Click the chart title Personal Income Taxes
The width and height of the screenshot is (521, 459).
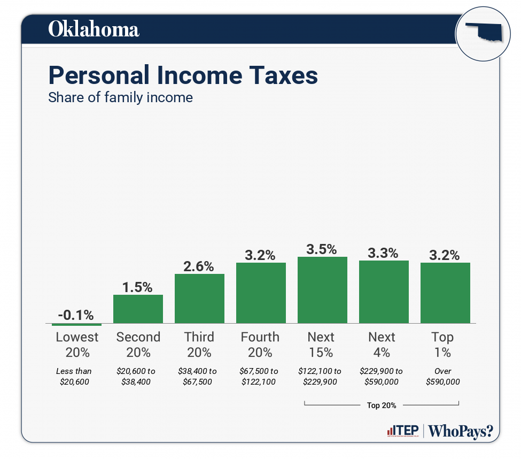point(183,75)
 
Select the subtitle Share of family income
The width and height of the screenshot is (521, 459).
point(120,98)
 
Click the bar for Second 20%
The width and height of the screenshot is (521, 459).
point(138,309)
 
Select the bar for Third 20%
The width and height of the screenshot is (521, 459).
point(199,299)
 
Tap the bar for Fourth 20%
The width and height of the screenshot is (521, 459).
point(261,293)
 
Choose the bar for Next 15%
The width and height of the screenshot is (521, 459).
point(322,290)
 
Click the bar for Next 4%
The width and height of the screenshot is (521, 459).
point(384,292)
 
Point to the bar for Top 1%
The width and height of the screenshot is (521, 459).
point(445,293)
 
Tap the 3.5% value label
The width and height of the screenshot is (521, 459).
point(322,249)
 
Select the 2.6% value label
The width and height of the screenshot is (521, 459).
point(199,266)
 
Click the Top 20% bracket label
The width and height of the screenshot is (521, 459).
point(382,406)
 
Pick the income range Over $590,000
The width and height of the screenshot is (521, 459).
point(443,377)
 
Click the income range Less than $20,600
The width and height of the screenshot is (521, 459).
point(74,377)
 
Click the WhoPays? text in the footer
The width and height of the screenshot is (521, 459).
point(461,431)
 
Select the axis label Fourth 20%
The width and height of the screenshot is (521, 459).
point(260,345)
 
